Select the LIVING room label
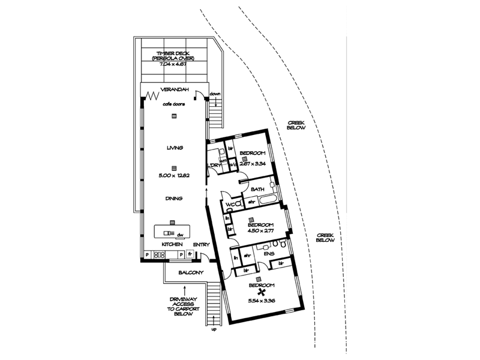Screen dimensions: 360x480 tap(174, 148)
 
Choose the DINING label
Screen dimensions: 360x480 tap(174, 198)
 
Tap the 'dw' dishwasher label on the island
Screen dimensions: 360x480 tap(179, 235)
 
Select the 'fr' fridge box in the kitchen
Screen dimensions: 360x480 tap(190, 255)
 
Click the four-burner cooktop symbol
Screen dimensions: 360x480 tap(160, 255)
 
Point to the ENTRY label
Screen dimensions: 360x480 tap(201, 245)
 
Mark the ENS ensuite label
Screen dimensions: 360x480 tap(268, 254)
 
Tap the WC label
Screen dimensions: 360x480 tap(230, 205)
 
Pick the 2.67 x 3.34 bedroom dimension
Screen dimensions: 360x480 tap(253, 163)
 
